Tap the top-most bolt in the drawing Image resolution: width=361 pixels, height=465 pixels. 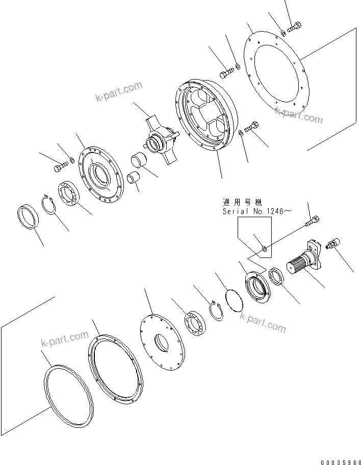tap(295, 28)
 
